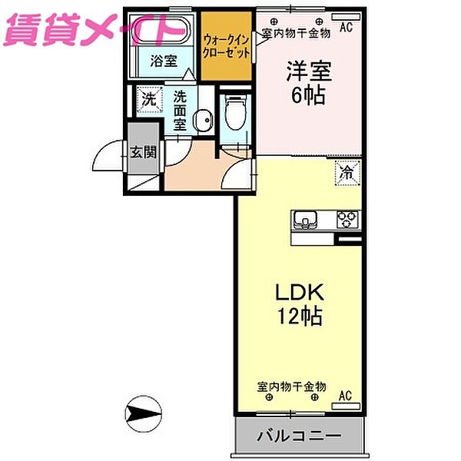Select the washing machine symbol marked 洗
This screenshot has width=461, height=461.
coord(148,98)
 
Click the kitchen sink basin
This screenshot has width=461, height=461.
coord(304,221)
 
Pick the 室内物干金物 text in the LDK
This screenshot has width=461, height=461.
coord(292,386)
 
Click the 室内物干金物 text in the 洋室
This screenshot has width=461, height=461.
coord(296,33)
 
